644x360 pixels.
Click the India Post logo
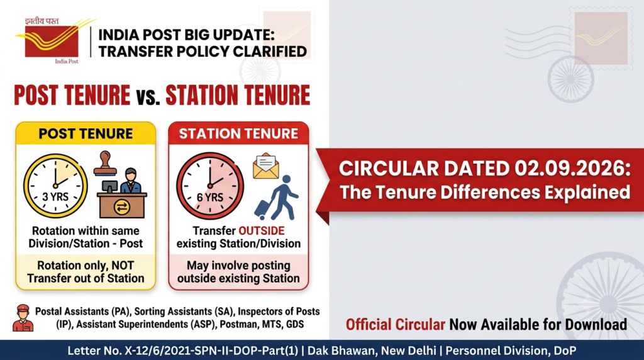point(52,40)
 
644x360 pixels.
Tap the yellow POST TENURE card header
point(86,133)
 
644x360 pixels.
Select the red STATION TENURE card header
point(238,133)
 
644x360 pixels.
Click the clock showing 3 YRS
point(55,186)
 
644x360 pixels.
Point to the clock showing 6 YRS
point(210,186)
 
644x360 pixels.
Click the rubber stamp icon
point(105,164)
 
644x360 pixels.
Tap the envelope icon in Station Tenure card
point(266,166)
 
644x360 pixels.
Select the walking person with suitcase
point(277,198)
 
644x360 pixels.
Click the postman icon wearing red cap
point(23,318)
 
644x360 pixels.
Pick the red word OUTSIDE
point(262,230)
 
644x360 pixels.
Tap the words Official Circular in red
point(395,324)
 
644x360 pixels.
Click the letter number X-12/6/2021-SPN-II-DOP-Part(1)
point(183,351)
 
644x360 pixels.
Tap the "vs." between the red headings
point(148,97)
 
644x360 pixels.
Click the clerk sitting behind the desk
point(131,180)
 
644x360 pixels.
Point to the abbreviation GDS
point(295,324)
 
